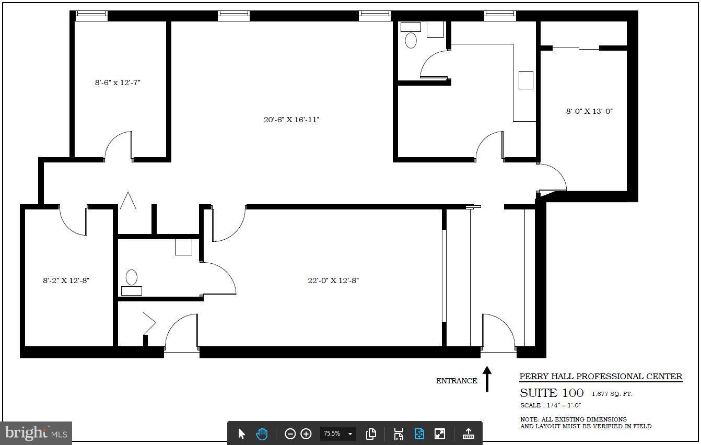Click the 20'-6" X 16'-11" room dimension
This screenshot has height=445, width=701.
point(291,120)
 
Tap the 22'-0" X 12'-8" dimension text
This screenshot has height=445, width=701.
point(333,280)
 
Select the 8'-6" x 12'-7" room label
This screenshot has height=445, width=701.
point(118,83)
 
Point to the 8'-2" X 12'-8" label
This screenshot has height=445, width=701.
point(66,280)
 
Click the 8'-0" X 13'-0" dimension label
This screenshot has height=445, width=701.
point(589,111)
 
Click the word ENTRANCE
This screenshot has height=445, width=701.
point(457,381)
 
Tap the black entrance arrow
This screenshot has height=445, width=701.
point(487,379)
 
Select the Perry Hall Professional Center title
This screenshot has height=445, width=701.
point(600,377)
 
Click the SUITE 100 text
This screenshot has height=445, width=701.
point(551,393)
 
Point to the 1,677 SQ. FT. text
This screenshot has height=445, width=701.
point(612,394)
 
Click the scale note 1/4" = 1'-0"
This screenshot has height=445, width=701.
point(551,405)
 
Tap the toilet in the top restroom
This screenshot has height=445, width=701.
point(411,40)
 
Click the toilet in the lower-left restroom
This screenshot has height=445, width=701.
point(132,277)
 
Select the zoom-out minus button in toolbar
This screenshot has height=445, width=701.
point(290,434)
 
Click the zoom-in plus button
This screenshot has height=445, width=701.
point(306,434)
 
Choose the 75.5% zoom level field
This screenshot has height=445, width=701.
point(332,434)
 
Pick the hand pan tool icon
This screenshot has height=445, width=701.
point(261,434)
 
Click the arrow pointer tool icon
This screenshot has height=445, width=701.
point(241,434)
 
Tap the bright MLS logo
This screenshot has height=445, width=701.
point(36,433)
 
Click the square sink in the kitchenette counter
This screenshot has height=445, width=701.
point(525,80)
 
